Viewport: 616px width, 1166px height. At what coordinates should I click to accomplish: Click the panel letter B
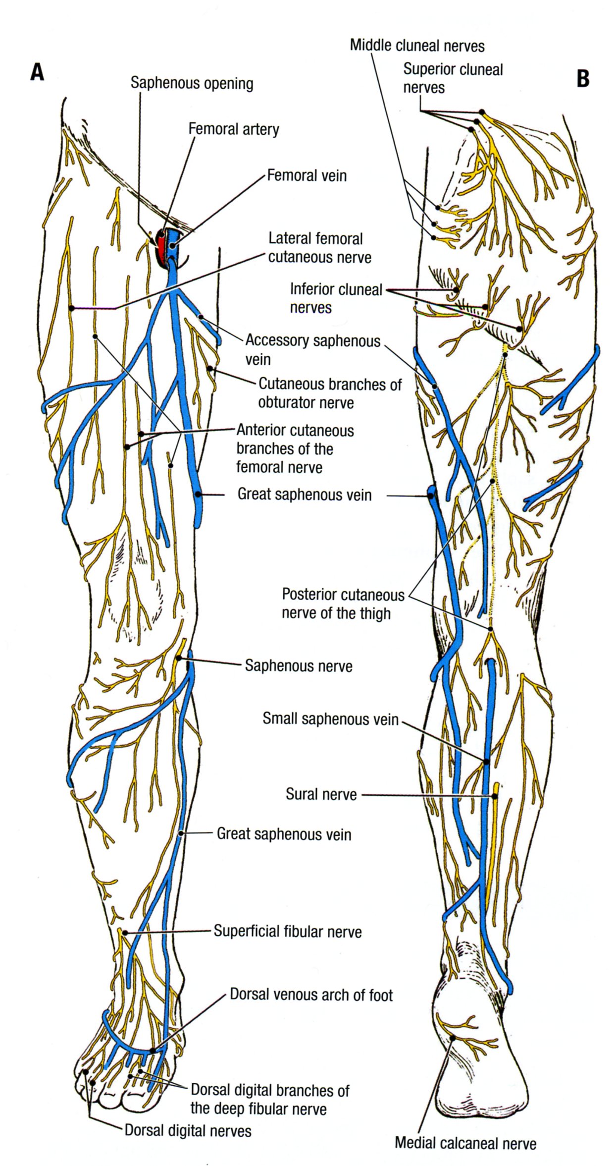coord(583,78)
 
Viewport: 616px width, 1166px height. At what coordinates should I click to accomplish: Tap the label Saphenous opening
coord(192,83)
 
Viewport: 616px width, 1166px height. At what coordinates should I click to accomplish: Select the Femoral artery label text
coord(234,129)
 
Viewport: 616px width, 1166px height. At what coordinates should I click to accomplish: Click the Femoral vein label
coord(307,175)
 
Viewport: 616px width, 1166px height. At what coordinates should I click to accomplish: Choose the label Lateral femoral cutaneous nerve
coord(319,248)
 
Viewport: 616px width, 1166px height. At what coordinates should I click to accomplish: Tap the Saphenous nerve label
coord(299,666)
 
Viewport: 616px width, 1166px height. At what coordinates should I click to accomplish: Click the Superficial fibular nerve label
coord(288,931)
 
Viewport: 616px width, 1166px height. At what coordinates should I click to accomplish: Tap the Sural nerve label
coord(321,794)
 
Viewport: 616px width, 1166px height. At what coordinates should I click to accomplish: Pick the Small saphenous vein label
coord(330,719)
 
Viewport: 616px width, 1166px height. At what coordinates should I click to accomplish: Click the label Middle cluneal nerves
coord(417,46)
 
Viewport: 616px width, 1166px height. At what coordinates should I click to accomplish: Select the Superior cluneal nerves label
coord(453,78)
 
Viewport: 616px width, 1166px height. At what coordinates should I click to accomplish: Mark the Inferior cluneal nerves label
coord(336,298)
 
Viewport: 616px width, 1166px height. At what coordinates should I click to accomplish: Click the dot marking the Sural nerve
coord(494,796)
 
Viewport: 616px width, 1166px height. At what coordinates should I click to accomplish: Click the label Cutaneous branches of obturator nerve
coord(330,393)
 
